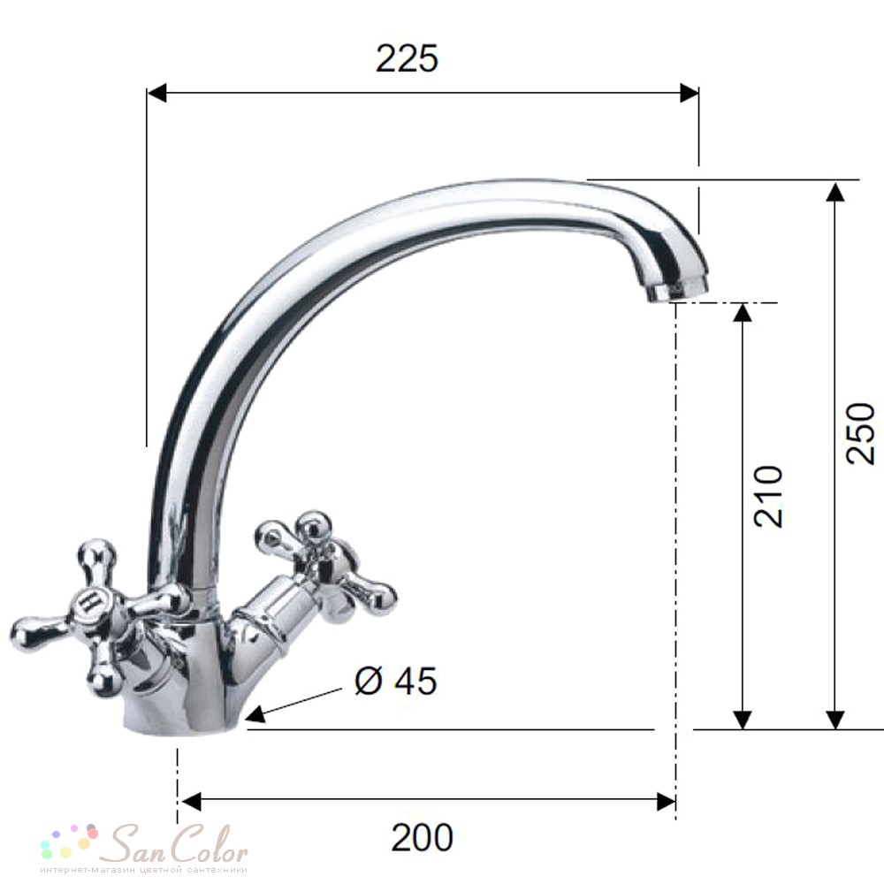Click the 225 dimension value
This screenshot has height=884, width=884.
coord(407,58)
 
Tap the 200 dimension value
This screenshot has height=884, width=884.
coord(423,838)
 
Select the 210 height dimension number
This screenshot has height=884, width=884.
coord(768,497)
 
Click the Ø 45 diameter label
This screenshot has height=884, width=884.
coord(396,681)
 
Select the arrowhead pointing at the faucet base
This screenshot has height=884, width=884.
coord(256,713)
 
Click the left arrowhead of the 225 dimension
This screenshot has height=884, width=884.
coord(157,93)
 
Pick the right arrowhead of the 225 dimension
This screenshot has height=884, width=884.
coord(689,93)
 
